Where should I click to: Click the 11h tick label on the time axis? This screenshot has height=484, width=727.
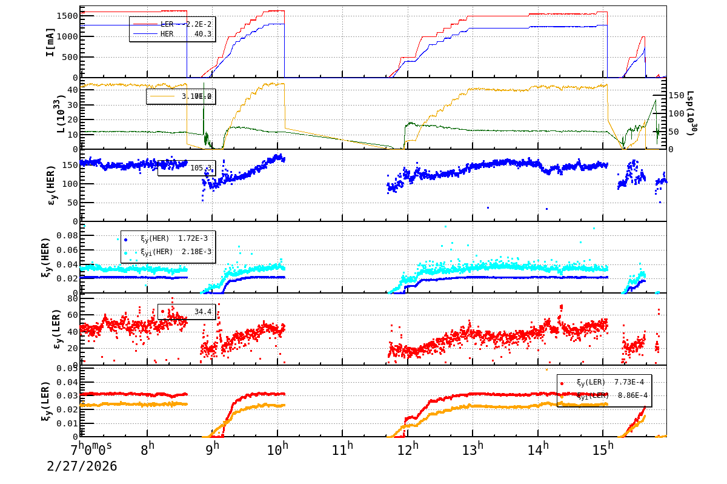(x=343, y=450)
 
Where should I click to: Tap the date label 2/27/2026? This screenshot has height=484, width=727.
(x=82, y=466)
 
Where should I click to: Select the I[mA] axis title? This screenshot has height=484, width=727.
(x=51, y=42)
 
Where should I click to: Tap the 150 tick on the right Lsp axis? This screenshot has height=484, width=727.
(x=677, y=95)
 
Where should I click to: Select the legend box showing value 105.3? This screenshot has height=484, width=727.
(x=185, y=168)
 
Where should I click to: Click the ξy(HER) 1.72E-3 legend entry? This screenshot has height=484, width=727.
(x=167, y=239)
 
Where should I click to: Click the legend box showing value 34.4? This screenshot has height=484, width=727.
(x=187, y=312)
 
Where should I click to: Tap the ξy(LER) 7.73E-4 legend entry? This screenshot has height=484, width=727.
(x=604, y=383)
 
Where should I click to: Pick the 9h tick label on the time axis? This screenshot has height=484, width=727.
(x=213, y=450)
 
